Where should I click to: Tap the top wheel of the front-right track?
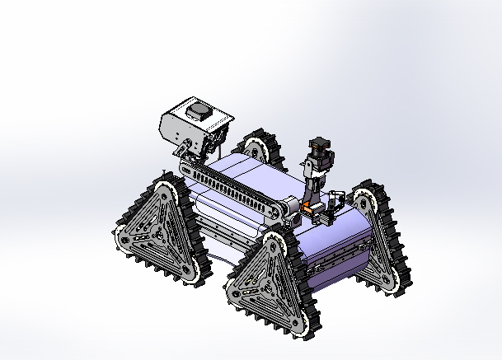coord(275,245)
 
